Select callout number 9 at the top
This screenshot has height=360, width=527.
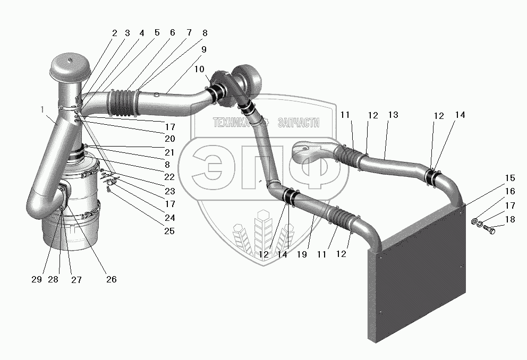[203, 49]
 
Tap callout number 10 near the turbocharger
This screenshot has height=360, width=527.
[199, 69]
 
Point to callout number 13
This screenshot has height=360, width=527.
[393, 115]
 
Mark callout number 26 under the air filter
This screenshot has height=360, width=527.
[112, 279]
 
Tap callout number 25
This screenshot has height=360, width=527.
[169, 231]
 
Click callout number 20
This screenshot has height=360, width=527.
[170, 139]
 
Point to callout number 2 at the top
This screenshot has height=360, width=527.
[114, 33]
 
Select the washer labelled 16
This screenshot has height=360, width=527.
[475, 221]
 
